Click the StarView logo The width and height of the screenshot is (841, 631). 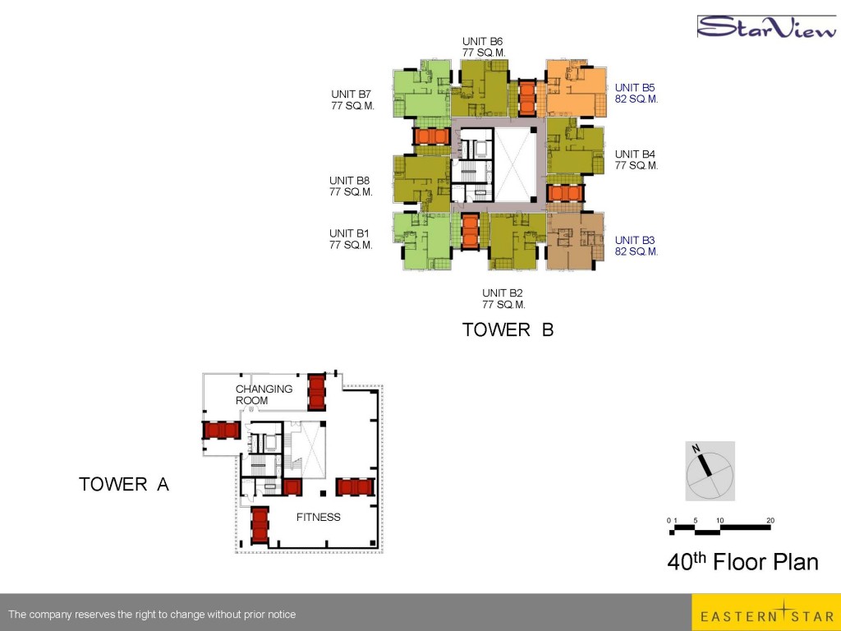[x=766, y=27]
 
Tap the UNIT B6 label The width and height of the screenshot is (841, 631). [x=483, y=41]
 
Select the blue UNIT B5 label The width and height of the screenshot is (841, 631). [x=635, y=87]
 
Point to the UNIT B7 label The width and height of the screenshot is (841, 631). [x=351, y=94]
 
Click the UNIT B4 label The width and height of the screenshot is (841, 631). [x=635, y=154]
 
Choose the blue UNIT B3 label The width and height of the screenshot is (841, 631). [x=635, y=240]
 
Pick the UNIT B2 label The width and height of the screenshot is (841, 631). [x=502, y=293]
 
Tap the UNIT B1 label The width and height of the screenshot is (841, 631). [x=349, y=233]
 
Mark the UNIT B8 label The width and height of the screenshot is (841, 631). [x=349, y=181]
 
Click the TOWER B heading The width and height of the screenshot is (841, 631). [x=508, y=329]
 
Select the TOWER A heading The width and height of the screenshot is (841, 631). [x=124, y=484]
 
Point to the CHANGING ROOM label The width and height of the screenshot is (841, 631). [x=264, y=394]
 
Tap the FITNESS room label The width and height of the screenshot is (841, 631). [x=319, y=518]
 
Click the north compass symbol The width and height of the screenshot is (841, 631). [x=710, y=471]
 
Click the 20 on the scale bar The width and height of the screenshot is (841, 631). [x=770, y=520]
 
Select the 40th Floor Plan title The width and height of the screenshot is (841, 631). [x=742, y=562]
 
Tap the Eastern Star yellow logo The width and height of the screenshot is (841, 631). [x=766, y=612]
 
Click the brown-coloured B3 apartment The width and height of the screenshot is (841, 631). [x=575, y=242]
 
